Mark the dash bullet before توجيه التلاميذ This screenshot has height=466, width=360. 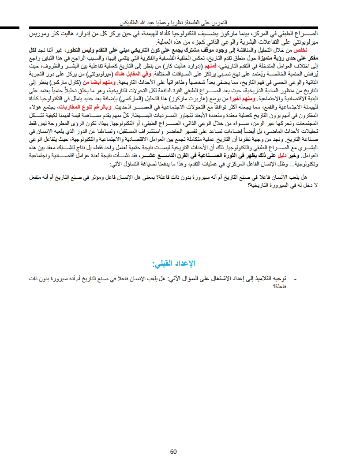295,279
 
